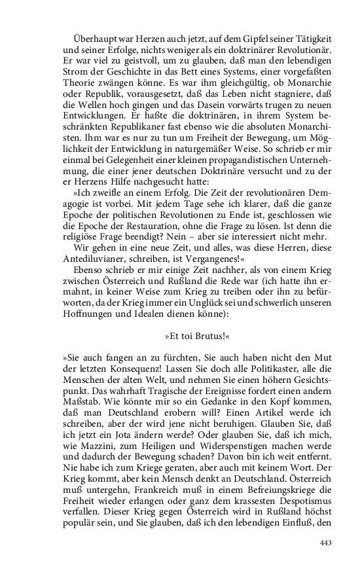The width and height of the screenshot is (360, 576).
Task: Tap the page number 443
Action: click(x=327, y=543)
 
